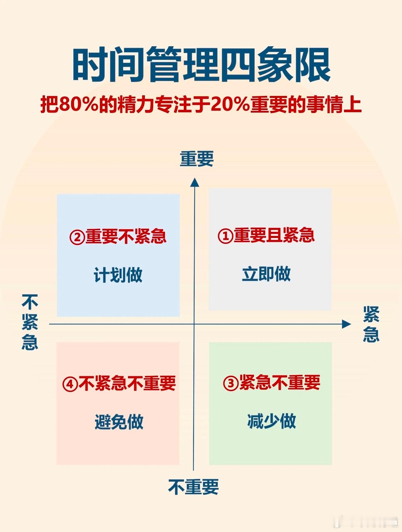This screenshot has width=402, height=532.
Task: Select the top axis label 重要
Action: click(x=197, y=159)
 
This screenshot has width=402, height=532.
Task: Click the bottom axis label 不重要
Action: click(x=193, y=487)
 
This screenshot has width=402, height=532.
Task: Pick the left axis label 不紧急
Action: click(x=30, y=322)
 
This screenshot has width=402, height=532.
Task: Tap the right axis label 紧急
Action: click(x=371, y=324)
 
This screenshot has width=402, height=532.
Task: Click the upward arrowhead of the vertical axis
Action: click(x=195, y=182)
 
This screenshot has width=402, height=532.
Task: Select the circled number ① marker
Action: click(x=225, y=236)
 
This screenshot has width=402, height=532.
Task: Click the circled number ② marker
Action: click(x=77, y=237)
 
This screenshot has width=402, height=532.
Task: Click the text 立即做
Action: click(x=266, y=274)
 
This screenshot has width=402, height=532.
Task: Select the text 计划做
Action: click(x=118, y=275)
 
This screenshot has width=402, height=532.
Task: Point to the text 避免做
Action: click(x=119, y=422)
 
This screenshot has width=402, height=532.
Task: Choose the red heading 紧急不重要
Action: click(x=279, y=382)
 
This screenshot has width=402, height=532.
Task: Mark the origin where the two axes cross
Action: click(x=194, y=324)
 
